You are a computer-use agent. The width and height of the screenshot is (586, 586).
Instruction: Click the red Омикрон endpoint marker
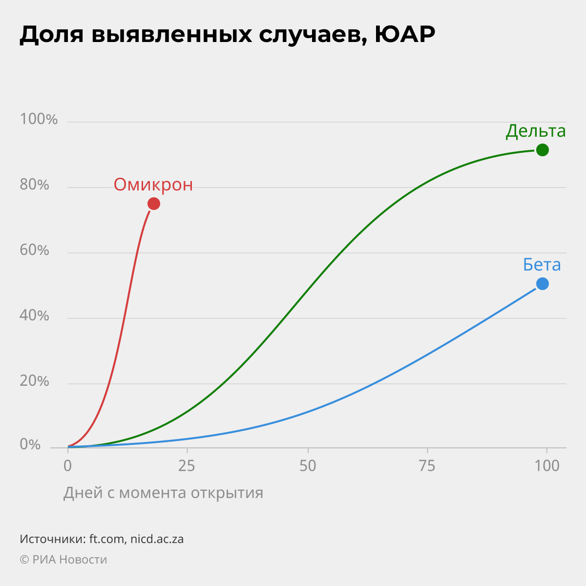(x=154, y=204)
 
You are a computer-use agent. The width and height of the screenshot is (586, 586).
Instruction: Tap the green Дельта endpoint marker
(x=542, y=150)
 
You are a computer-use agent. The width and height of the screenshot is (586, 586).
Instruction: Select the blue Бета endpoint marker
(x=542, y=284)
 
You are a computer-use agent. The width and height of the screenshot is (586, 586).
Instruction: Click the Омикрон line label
(x=153, y=185)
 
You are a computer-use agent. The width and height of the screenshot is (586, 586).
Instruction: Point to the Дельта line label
(x=536, y=131)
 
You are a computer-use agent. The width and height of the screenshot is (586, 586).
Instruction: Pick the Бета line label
(x=542, y=265)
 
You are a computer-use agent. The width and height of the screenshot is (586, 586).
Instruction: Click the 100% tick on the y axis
(x=39, y=119)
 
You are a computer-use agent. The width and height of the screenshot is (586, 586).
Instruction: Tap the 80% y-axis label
(x=34, y=185)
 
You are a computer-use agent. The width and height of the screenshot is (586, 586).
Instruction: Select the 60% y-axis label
(x=34, y=250)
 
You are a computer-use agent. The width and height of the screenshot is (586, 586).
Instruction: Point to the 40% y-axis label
(x=34, y=315)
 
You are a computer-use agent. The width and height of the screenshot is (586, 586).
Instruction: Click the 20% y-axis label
(x=34, y=381)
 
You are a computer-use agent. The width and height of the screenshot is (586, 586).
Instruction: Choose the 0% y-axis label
(x=30, y=445)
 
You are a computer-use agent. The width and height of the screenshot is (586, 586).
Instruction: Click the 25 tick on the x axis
(x=187, y=466)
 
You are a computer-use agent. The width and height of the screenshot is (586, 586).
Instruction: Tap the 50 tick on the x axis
(x=308, y=466)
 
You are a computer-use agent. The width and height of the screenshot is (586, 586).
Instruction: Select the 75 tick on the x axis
(x=427, y=466)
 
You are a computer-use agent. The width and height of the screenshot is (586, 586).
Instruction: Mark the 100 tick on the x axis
(x=547, y=466)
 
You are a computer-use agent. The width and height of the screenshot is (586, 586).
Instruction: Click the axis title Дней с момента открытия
(x=163, y=493)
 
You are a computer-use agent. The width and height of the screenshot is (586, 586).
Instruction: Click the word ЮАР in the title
(x=405, y=35)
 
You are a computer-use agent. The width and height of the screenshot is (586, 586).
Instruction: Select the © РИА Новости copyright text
(x=63, y=560)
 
